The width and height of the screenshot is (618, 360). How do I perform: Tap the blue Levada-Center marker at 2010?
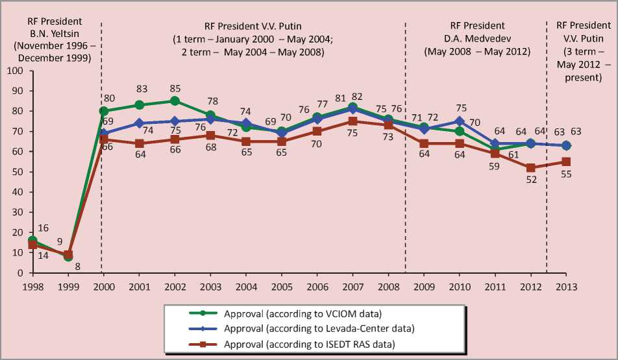click(x=460, y=121)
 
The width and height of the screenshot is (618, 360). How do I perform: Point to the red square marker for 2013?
click(x=566, y=162)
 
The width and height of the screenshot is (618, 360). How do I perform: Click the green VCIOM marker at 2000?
click(x=103, y=111)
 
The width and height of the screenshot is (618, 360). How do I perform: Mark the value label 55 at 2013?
click(x=566, y=175)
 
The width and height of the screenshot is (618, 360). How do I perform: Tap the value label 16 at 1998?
click(x=43, y=228)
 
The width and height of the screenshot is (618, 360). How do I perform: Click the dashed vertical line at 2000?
click(x=101, y=195)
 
